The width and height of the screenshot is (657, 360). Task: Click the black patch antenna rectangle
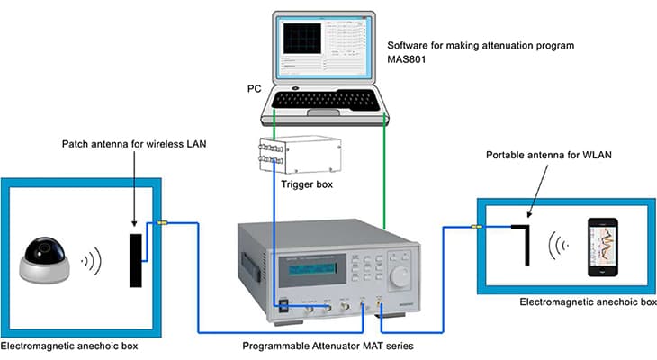coord(135,259)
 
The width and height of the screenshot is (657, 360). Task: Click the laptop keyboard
coord(328,101)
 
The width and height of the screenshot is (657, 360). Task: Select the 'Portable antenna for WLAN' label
coord(545,155)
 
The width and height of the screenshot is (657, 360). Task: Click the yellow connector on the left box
coord(163,224)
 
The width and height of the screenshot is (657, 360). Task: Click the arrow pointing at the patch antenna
coord(134,193)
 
